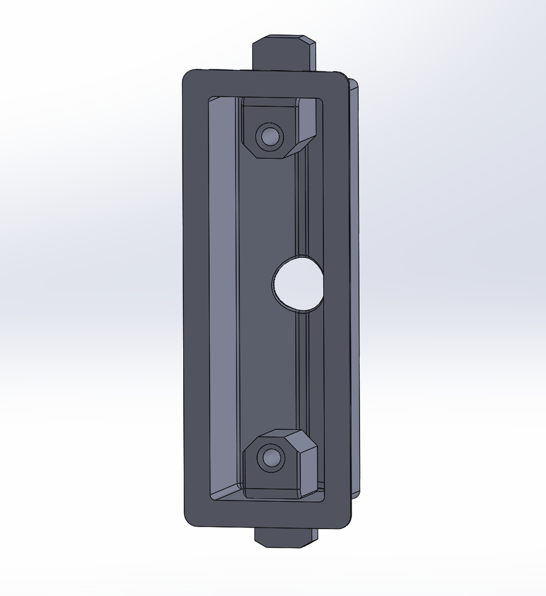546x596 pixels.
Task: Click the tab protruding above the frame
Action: [x=283, y=54]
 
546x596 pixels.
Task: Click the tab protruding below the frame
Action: [x=285, y=537]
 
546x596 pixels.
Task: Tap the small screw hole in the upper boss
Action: [x=269, y=137]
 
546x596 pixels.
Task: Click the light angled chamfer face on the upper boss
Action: [x=306, y=125]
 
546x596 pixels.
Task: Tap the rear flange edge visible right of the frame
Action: [x=354, y=291]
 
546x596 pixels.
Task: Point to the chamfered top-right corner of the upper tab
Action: [x=309, y=41]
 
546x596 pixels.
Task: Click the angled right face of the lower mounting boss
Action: [x=308, y=466]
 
